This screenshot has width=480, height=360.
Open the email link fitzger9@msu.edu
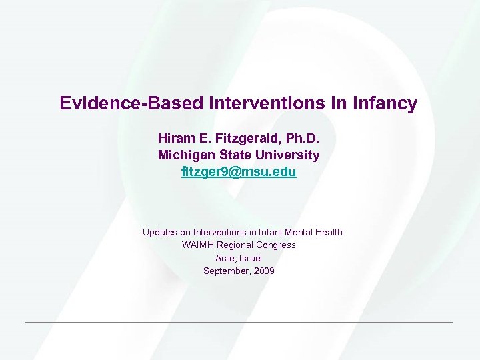[239, 172]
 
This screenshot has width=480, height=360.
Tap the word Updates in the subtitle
[159, 232]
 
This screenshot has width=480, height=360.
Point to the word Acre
[225, 258]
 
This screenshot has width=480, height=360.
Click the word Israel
[251, 258]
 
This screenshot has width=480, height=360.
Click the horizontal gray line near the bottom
[239, 323]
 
